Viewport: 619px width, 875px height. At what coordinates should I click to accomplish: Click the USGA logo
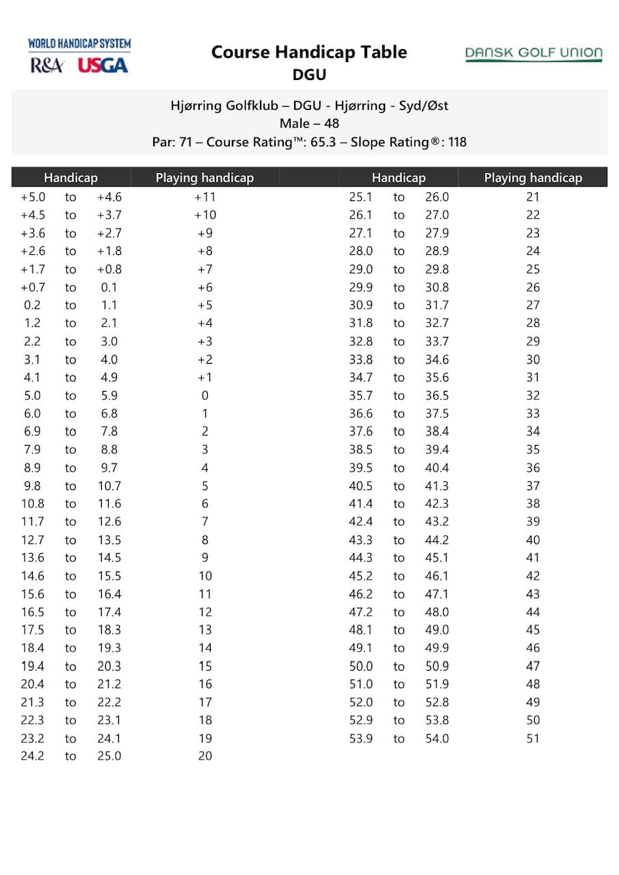(103, 66)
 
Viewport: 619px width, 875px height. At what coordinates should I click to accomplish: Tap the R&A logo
(47, 66)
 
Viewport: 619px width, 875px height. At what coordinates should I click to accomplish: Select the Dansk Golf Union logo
(534, 54)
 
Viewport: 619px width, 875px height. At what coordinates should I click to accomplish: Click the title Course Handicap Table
(309, 52)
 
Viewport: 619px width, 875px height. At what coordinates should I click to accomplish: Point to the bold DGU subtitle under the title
(309, 75)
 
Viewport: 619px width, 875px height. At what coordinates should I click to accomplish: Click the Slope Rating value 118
(456, 142)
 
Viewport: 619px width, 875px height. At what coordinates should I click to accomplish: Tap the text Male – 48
(309, 124)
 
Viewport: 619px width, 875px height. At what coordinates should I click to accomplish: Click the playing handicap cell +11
(205, 197)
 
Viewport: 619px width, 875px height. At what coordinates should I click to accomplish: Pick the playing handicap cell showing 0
(205, 395)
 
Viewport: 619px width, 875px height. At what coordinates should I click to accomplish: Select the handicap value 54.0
(436, 738)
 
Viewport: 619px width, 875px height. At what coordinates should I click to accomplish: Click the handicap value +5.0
(32, 197)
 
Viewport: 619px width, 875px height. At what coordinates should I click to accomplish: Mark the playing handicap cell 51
(533, 738)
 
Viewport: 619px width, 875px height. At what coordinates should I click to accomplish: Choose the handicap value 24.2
(32, 756)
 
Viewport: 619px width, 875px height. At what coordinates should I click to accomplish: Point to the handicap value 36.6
(360, 414)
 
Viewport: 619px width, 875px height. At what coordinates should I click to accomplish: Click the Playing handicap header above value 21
(533, 178)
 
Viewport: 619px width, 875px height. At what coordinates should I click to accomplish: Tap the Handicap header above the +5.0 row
(70, 178)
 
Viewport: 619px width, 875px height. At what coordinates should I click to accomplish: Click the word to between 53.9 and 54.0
(399, 738)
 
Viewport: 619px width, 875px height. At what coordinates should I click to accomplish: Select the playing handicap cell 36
(533, 468)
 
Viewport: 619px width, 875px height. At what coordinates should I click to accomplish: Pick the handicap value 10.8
(32, 504)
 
